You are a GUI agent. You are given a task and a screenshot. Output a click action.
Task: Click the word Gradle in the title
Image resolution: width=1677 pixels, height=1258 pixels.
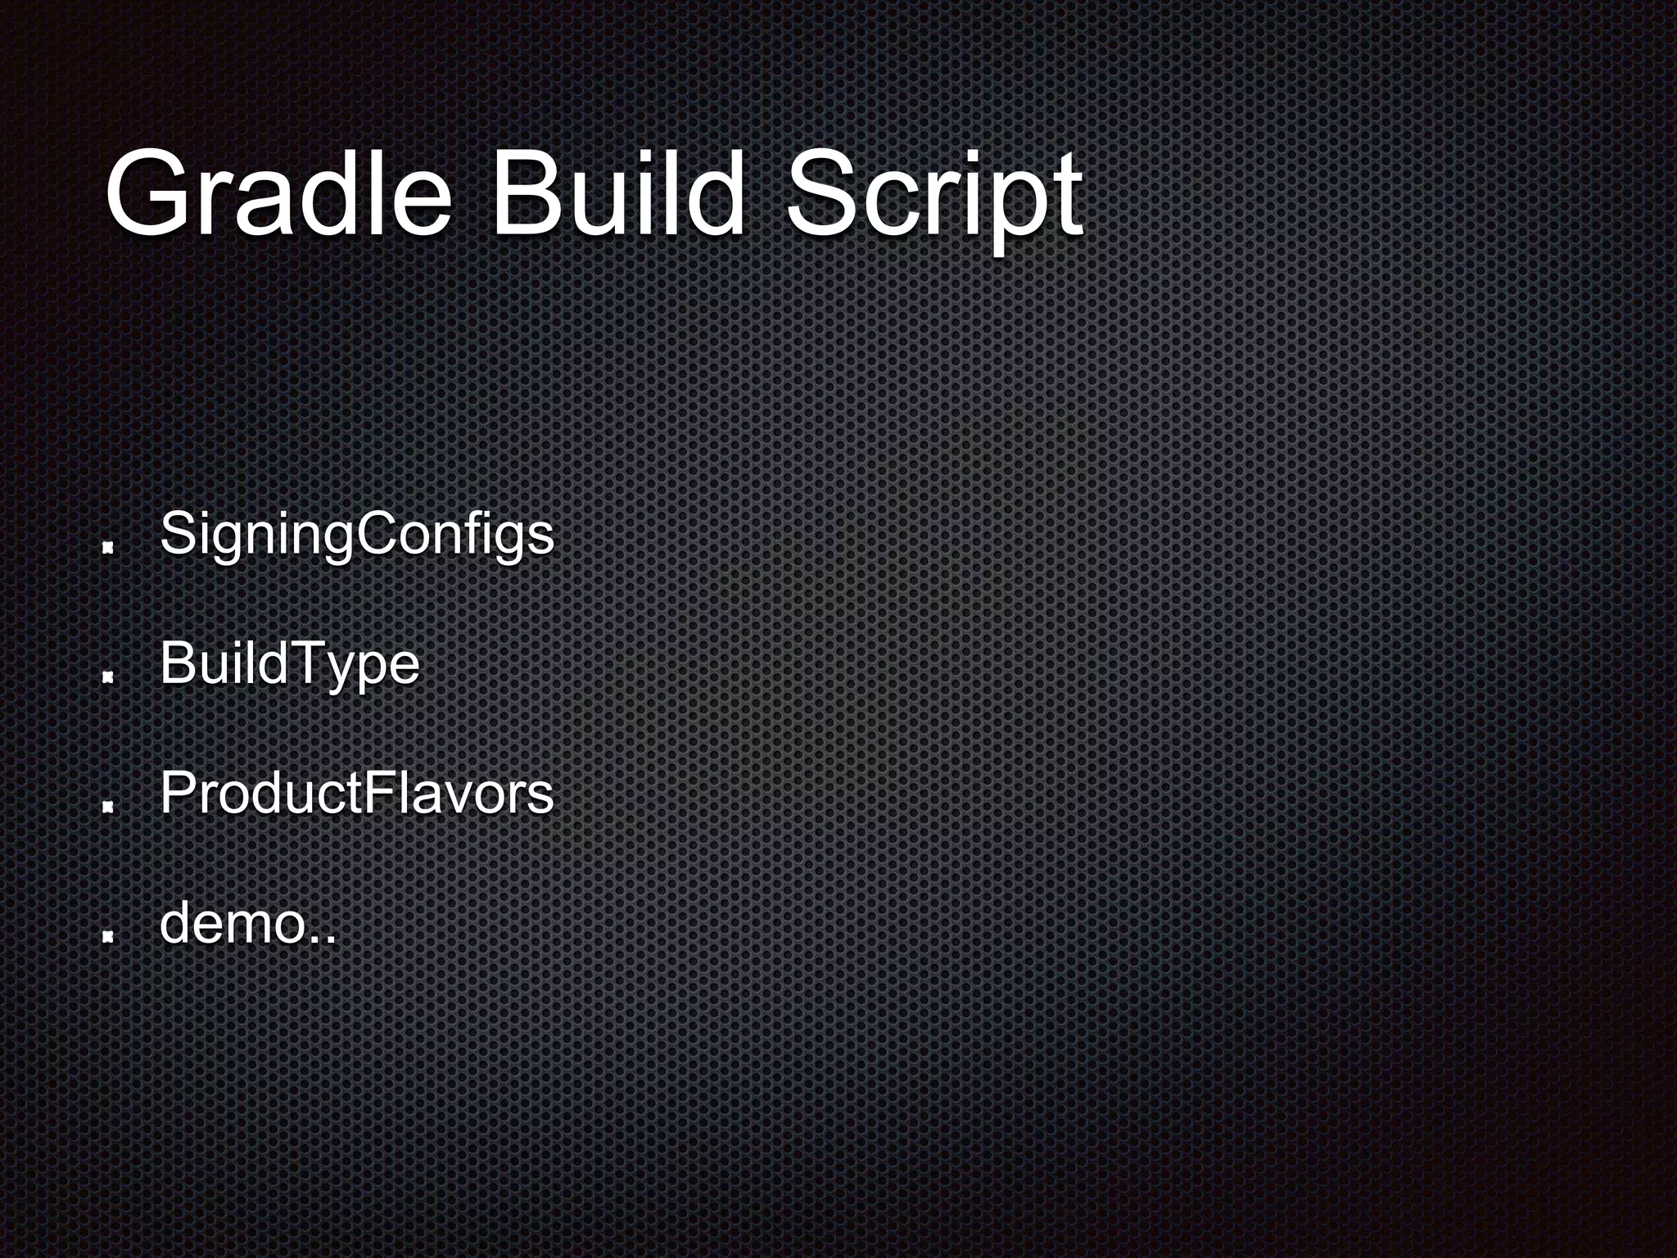(278, 195)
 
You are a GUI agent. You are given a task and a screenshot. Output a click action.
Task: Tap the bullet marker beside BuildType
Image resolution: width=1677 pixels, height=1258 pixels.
(107, 677)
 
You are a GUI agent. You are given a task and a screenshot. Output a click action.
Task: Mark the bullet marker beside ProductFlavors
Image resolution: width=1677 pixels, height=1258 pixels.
(107, 806)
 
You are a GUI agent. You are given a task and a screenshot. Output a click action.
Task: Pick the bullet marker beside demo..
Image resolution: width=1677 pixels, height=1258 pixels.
(107, 935)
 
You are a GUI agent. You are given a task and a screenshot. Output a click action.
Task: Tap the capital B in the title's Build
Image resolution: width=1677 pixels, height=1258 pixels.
(527, 193)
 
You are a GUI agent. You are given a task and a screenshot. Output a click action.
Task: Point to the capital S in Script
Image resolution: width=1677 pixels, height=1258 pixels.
(823, 193)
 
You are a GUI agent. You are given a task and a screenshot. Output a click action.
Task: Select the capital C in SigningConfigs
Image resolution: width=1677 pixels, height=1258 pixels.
(374, 534)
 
